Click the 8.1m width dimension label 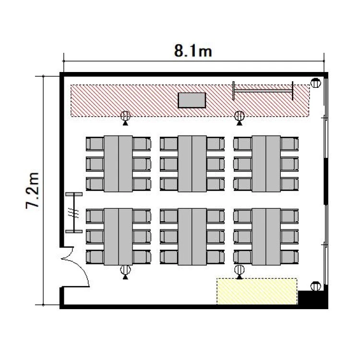pyautogui.click(x=193, y=51)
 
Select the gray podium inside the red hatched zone pyautogui.click(x=192, y=100)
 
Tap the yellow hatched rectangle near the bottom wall pyautogui.click(x=257, y=291)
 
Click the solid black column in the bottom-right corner pyautogui.click(x=312, y=298)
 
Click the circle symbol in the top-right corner pyautogui.click(x=316, y=83)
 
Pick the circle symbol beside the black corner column pyautogui.click(x=316, y=286)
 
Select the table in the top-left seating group pyautogui.click(x=118, y=164)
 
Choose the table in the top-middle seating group pyautogui.click(x=192, y=164)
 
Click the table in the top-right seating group pyautogui.click(x=266, y=164)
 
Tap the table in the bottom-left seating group pyautogui.click(x=118, y=237)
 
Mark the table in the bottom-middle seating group pyautogui.click(x=192, y=237)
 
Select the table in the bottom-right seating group pyautogui.click(x=266, y=237)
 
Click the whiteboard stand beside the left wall pyautogui.click(x=74, y=213)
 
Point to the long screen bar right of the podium pyautogui.click(x=263, y=91)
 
